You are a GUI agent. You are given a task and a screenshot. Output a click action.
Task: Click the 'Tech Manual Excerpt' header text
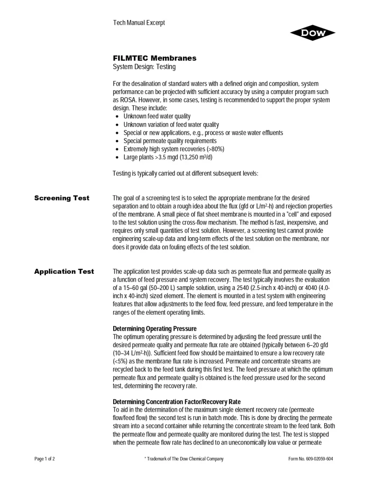tap(139, 23)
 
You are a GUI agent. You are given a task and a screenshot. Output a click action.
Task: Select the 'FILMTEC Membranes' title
tap(154, 58)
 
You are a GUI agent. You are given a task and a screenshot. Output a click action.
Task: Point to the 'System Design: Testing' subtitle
tap(144, 67)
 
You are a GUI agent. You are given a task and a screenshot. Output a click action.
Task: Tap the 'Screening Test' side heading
tap(62, 198)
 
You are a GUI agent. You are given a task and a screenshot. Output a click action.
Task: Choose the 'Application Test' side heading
tap(64, 271)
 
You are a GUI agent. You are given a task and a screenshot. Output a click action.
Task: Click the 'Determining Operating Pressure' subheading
tap(154, 328)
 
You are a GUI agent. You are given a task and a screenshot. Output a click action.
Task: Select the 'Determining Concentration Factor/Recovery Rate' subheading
tap(177, 402)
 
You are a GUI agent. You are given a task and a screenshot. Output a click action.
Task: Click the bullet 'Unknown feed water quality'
tap(157, 116)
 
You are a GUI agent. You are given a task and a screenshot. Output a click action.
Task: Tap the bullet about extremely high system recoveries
tap(174, 149)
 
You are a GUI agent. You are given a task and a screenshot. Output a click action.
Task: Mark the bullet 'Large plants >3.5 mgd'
tap(167, 157)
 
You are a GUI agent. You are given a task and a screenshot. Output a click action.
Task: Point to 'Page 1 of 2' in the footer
tap(45, 459)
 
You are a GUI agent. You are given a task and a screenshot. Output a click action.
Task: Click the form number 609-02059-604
tap(311, 459)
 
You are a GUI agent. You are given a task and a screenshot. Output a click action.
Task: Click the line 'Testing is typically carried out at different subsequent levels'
tap(185, 174)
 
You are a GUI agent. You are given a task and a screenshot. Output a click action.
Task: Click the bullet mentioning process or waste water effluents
tap(203, 132)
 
